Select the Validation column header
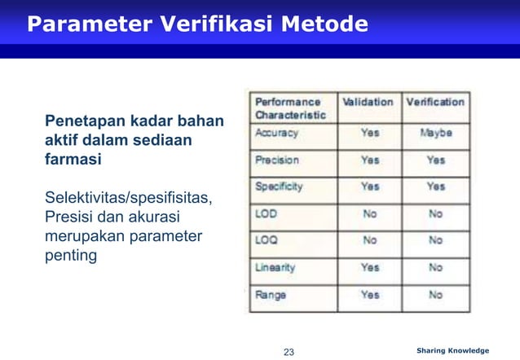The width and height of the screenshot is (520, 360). [x=367, y=103]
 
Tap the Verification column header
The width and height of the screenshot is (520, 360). [x=434, y=103]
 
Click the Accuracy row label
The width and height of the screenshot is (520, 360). [x=277, y=133]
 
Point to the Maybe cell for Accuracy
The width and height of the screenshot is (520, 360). [x=435, y=133]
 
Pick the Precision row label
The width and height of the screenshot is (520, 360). [x=277, y=160]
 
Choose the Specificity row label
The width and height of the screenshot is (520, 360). [x=280, y=187]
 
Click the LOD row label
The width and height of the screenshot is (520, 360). [x=267, y=214]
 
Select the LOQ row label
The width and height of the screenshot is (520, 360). [x=267, y=241]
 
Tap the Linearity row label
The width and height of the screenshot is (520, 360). [x=275, y=267]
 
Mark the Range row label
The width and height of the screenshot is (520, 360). [x=271, y=295]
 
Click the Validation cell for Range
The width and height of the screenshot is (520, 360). [x=370, y=295]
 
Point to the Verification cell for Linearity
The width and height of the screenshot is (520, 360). [x=435, y=267]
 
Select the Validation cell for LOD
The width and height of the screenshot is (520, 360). [x=370, y=214]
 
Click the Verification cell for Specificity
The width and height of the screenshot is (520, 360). [x=435, y=187]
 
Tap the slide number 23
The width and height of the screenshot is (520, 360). [x=288, y=352]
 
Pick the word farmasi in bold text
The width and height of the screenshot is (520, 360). [x=73, y=160]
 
